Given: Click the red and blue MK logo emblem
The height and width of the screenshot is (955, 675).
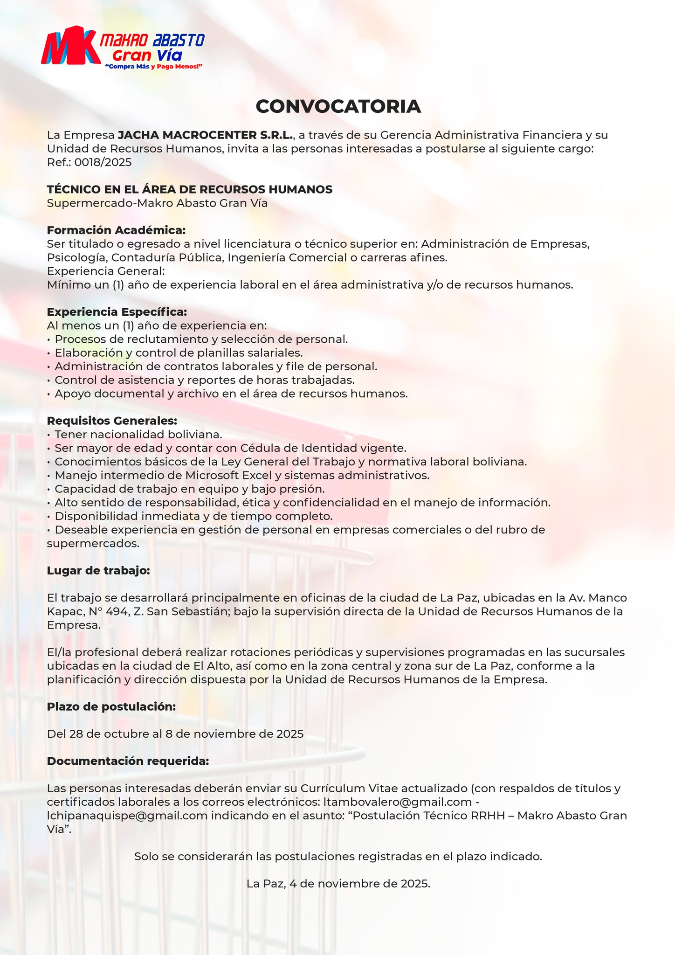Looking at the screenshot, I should tap(70, 46).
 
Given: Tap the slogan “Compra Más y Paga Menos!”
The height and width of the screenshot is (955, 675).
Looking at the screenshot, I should tap(154, 67).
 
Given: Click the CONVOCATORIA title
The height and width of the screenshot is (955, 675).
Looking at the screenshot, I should tap(338, 106).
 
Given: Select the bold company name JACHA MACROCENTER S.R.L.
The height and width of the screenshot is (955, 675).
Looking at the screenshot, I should tap(206, 135).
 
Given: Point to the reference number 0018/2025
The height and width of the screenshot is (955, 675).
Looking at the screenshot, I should tap(103, 162).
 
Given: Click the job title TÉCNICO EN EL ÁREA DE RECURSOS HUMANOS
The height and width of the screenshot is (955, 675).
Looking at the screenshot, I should tap(190, 189).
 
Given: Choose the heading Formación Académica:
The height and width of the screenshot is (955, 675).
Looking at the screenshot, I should tap(116, 230).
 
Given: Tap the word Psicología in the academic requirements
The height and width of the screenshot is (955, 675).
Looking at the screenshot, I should tap(77, 257).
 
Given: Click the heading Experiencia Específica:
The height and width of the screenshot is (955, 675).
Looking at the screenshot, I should tap(117, 312).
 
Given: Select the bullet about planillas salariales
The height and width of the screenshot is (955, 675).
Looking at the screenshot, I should tap(179, 353).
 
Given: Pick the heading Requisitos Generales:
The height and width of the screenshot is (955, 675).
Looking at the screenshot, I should tap(112, 421).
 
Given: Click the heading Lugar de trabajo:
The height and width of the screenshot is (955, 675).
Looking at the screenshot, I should tap(98, 571).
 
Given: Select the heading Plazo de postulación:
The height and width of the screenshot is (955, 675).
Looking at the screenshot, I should tap(111, 707).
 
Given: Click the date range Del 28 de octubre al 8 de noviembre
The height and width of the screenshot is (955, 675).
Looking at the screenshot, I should tap(175, 734).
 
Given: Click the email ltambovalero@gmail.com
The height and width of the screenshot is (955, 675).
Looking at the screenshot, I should tap(398, 802).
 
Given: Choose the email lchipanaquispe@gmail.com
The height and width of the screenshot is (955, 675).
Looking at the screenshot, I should tap(127, 816).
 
